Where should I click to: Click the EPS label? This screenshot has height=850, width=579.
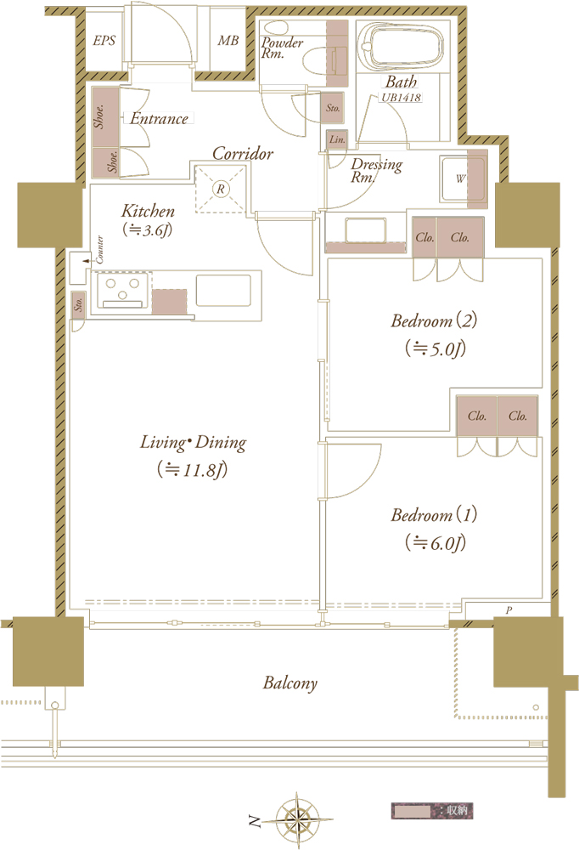pos(104,40)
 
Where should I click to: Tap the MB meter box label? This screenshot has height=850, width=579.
pos(228,40)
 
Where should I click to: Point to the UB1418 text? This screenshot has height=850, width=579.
pos(402,98)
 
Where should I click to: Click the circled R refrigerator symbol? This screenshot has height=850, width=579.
pos(221,190)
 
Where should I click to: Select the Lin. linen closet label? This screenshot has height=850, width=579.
pos(337,139)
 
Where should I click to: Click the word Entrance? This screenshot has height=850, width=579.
pos(160,118)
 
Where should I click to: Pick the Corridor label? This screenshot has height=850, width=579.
pos(243,153)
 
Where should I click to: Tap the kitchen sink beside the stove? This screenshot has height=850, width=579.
pos(223,291)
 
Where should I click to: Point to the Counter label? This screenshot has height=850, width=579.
pos(99,249)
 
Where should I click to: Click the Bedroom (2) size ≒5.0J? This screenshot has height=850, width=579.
pos(435,348)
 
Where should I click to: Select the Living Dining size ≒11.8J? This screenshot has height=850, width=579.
pos(192,469)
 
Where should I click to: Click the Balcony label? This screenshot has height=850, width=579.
pos(289,683)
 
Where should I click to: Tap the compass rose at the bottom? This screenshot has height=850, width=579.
pos(297,819)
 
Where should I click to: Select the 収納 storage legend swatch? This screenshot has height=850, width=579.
pos(411,810)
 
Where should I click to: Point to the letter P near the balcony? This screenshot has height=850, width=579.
pos(509,610)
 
